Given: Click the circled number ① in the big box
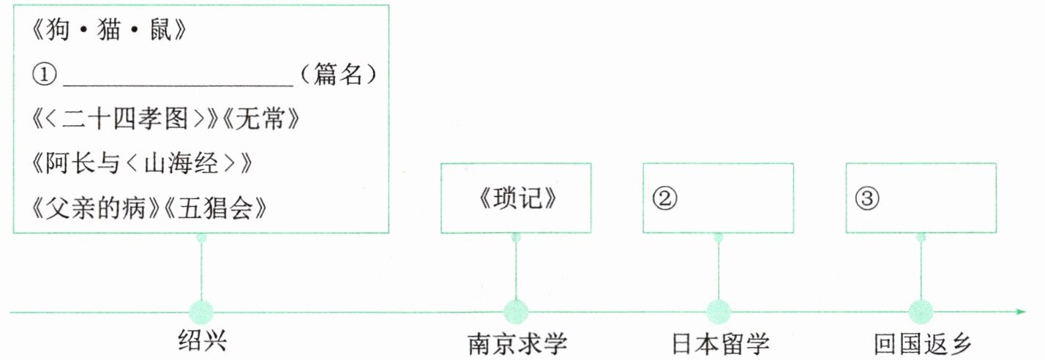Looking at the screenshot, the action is [x=45, y=74].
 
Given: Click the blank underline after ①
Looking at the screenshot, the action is [x=179, y=79].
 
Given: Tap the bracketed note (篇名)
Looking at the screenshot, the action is [x=338, y=74].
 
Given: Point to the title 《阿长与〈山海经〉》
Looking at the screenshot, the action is [x=142, y=164].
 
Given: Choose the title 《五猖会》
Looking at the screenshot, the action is [x=214, y=208].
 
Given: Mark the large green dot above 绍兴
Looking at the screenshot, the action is [x=201, y=312].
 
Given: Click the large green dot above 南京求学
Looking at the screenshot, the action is [x=516, y=312].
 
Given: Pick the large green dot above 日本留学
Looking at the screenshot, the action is [x=719, y=312].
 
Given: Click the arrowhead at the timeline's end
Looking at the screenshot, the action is [x=1021, y=312].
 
